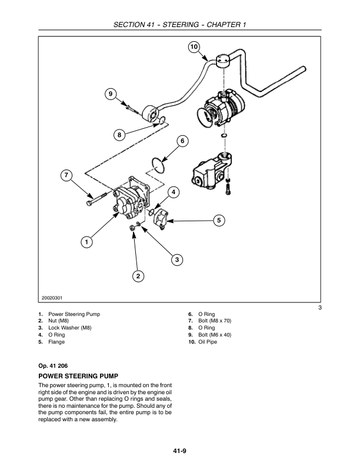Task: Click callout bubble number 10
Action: pos(194,46)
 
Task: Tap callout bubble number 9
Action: pos(109,93)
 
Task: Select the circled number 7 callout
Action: pos(66,175)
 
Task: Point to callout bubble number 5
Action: pos(218,220)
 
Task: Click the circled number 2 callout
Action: pos(138,275)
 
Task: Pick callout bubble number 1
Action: pos(86,241)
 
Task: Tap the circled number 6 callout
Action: pos(182,141)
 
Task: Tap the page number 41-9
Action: pos(180,452)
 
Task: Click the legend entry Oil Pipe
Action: pos(208,342)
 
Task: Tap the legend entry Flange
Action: pos(56,342)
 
